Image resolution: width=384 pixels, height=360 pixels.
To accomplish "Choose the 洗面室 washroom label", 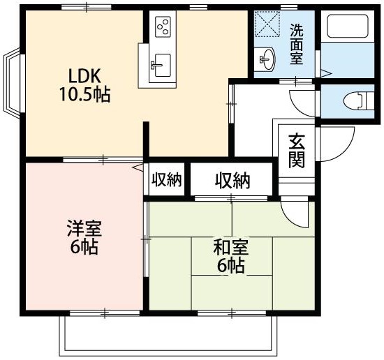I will pyautogui.click(x=297, y=44).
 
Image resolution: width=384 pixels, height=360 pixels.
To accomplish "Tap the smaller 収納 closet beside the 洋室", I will pyautogui.click(x=166, y=180).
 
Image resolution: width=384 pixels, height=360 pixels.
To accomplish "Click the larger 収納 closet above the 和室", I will pyautogui.click(x=232, y=181).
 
